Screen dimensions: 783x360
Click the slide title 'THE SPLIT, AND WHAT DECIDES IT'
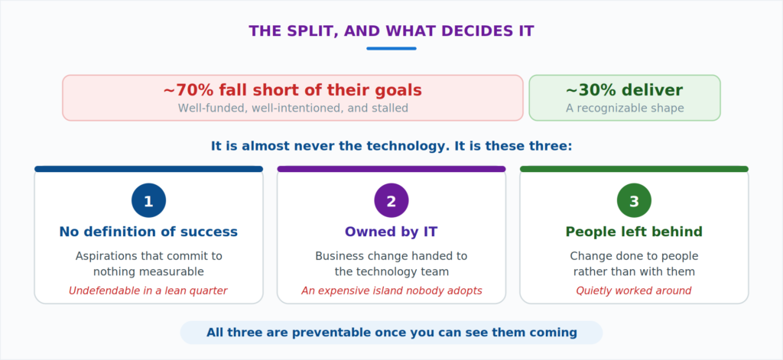click(391, 31)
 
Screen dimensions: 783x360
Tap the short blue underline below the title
click(391, 48)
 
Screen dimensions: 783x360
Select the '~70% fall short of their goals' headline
click(293, 90)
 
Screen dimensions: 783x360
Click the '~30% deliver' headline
click(624, 90)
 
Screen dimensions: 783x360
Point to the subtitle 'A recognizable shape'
click(625, 109)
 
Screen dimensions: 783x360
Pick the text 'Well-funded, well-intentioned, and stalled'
click(293, 109)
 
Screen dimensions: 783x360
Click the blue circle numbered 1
click(149, 201)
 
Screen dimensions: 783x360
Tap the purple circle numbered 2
click(391, 201)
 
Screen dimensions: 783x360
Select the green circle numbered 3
click(634, 201)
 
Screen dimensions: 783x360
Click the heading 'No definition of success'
click(148, 232)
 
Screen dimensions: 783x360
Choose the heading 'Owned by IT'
click(391, 232)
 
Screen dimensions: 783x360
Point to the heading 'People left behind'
click(634, 232)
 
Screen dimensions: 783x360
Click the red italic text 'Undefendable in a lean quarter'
click(148, 290)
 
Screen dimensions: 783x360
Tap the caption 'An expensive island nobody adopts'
click(392, 290)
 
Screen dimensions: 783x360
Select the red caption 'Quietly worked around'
click(634, 290)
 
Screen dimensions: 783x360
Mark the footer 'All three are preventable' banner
click(391, 332)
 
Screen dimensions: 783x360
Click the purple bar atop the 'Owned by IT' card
click(391, 169)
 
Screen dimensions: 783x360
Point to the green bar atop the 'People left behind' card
click(634, 169)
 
